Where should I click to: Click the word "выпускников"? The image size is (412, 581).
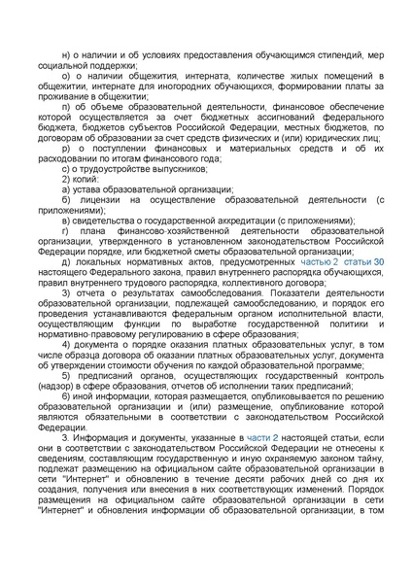tap(152, 168)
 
